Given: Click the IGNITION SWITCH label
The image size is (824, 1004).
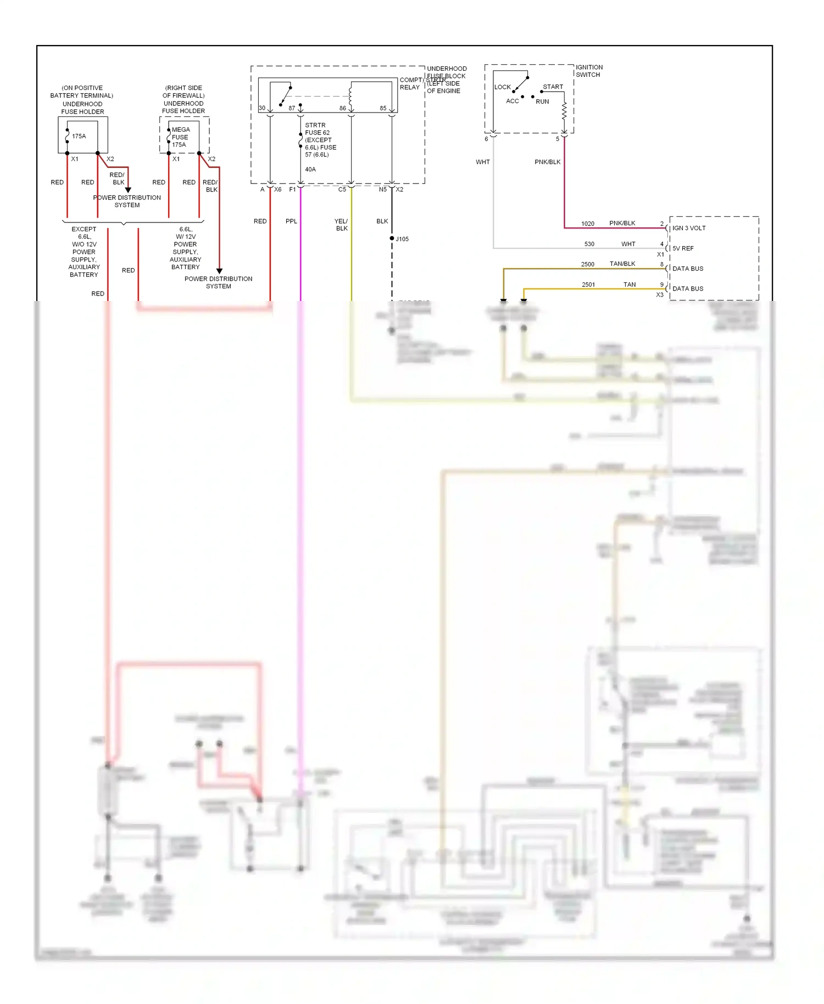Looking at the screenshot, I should pos(589,71).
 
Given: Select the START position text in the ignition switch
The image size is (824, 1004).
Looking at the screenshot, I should pos(553,87).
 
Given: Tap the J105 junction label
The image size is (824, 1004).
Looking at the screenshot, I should pos(402,239).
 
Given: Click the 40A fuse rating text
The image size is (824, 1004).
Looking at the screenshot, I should pos(310,169).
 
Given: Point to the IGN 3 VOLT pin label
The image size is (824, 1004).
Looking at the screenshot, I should pos(689,228).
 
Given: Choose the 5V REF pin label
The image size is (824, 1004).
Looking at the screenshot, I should pos(683,248).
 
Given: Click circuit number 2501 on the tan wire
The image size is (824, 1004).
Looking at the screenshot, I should pos(588,285).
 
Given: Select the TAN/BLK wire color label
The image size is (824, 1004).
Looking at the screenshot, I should pos(622,264).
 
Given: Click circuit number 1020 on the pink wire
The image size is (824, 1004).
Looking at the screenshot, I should pos(588,224).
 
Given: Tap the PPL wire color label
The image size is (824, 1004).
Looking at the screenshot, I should pos(291,221).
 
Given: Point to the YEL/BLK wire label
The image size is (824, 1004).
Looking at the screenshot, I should pos(341,225).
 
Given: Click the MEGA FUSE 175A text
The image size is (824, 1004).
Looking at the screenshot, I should pos(180,137).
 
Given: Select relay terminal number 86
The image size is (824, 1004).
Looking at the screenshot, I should pos(343,108).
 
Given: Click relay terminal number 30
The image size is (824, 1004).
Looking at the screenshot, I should pos(262,108).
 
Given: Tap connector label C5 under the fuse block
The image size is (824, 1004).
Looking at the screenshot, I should pos(342,189).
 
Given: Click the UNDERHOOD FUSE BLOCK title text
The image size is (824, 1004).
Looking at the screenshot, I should pos(446,72).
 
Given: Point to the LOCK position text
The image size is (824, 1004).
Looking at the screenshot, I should pos(502,87).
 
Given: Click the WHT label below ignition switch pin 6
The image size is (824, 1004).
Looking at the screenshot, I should pos(482,162).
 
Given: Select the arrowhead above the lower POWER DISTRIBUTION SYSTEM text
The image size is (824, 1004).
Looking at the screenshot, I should pos(219,271).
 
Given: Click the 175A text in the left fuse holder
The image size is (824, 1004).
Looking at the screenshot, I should pos(79,136).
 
